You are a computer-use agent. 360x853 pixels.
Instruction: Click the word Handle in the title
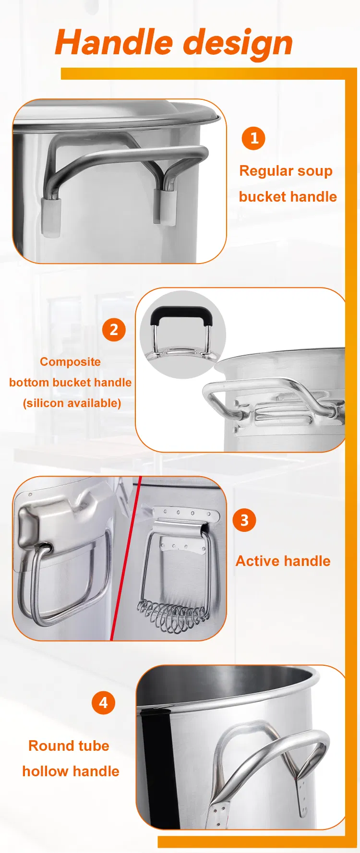click(x=114, y=42)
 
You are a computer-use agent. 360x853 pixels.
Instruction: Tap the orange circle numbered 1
click(x=253, y=138)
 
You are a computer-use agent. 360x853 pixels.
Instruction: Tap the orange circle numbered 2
click(x=114, y=330)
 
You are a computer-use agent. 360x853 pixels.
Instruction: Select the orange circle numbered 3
click(x=244, y=520)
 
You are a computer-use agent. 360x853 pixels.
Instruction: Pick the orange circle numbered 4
click(x=103, y=703)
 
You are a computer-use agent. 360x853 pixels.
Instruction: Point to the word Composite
click(x=70, y=361)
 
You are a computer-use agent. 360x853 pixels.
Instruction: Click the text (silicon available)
click(x=72, y=403)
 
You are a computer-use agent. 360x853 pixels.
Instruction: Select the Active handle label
click(x=283, y=561)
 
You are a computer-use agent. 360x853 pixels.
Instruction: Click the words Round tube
click(x=69, y=745)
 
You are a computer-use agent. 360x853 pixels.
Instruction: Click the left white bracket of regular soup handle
click(x=51, y=216)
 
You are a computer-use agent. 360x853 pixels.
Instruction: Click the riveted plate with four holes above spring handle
click(x=186, y=514)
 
